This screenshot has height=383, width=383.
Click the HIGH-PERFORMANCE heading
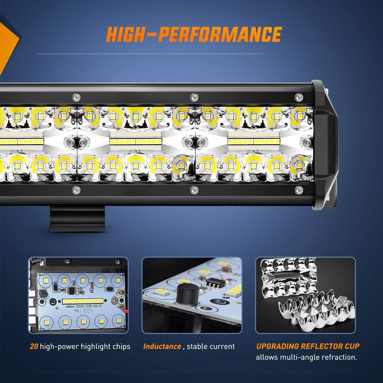pos(193,34)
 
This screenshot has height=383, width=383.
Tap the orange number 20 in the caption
pos(34,346)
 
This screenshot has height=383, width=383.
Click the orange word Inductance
pos(162,346)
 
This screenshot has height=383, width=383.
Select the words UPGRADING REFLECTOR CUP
pos(308,346)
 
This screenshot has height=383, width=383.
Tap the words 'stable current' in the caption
pos(211,346)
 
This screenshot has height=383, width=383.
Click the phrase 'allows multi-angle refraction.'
pos(306,357)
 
